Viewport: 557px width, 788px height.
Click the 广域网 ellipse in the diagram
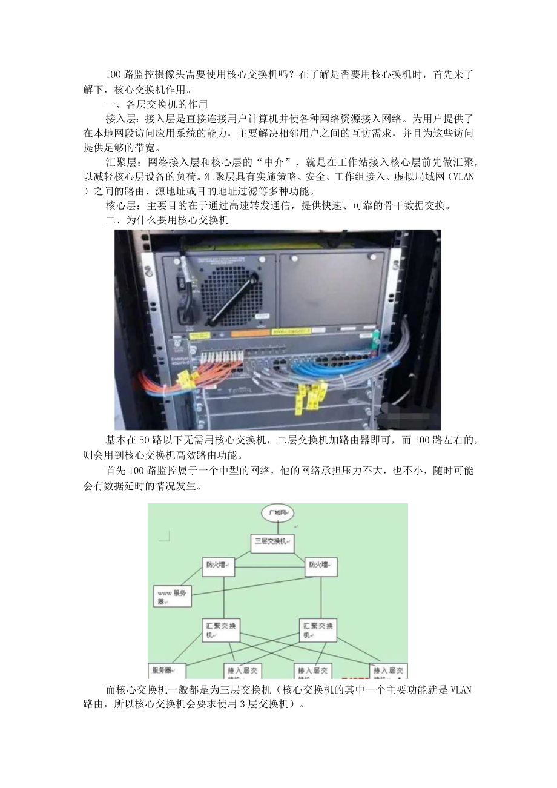[277, 514]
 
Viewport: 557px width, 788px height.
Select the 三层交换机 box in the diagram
[272, 541]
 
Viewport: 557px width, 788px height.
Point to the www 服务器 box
[172, 597]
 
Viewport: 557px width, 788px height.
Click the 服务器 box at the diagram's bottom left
[165, 671]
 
